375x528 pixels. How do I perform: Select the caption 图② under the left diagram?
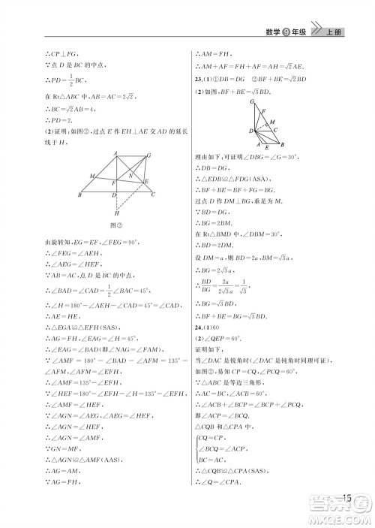[116, 225]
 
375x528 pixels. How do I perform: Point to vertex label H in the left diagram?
[116, 213]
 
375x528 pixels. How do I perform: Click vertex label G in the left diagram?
[148, 154]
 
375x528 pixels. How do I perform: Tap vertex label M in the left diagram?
[91, 176]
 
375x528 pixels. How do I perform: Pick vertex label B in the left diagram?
[80, 195]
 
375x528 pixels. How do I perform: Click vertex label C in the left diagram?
[153, 195]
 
